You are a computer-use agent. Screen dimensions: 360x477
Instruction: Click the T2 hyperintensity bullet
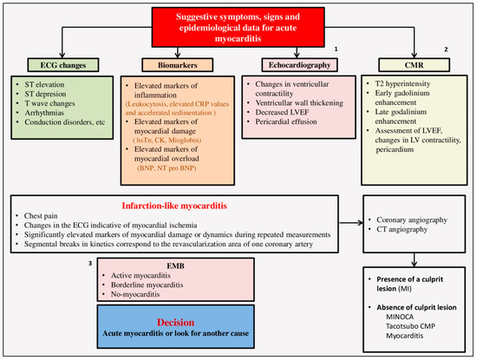(410, 84)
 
